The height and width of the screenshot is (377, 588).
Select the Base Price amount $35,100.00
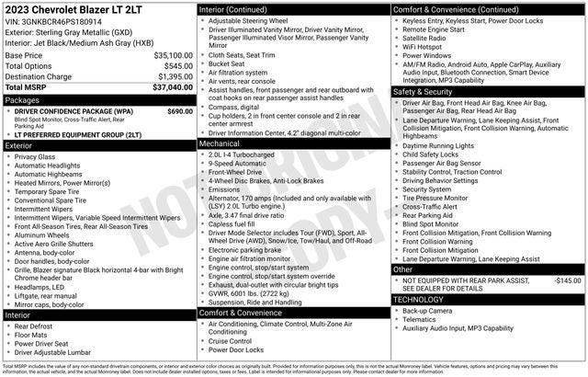[173, 55]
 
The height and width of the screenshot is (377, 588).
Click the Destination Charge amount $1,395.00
[174, 76]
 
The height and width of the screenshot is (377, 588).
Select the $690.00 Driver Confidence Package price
[180, 111]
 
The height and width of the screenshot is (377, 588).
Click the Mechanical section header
[220, 143]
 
